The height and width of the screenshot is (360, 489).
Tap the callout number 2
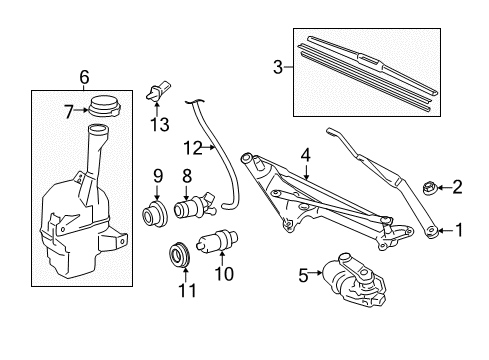pos(458,185)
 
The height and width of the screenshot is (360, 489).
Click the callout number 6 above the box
pos(84,76)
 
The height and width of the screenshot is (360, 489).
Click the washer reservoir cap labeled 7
pos(103,106)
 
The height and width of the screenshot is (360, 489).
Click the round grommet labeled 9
pos(157,214)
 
